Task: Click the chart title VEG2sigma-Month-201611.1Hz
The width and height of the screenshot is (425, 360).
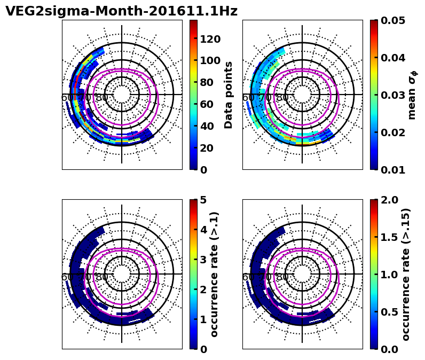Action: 121,11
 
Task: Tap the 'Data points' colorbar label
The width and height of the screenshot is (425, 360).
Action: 229,95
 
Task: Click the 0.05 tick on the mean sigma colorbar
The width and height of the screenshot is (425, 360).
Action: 391,20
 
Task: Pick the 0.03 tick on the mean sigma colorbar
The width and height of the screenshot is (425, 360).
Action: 391,95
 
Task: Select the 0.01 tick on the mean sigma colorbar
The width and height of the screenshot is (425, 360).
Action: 391,170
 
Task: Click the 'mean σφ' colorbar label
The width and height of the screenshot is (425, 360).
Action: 412,95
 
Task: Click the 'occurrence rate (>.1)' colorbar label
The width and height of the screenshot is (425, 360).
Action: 215,274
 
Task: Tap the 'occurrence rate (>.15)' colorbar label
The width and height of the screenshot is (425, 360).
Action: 406,274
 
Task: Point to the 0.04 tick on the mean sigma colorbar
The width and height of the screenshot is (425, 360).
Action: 391,58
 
